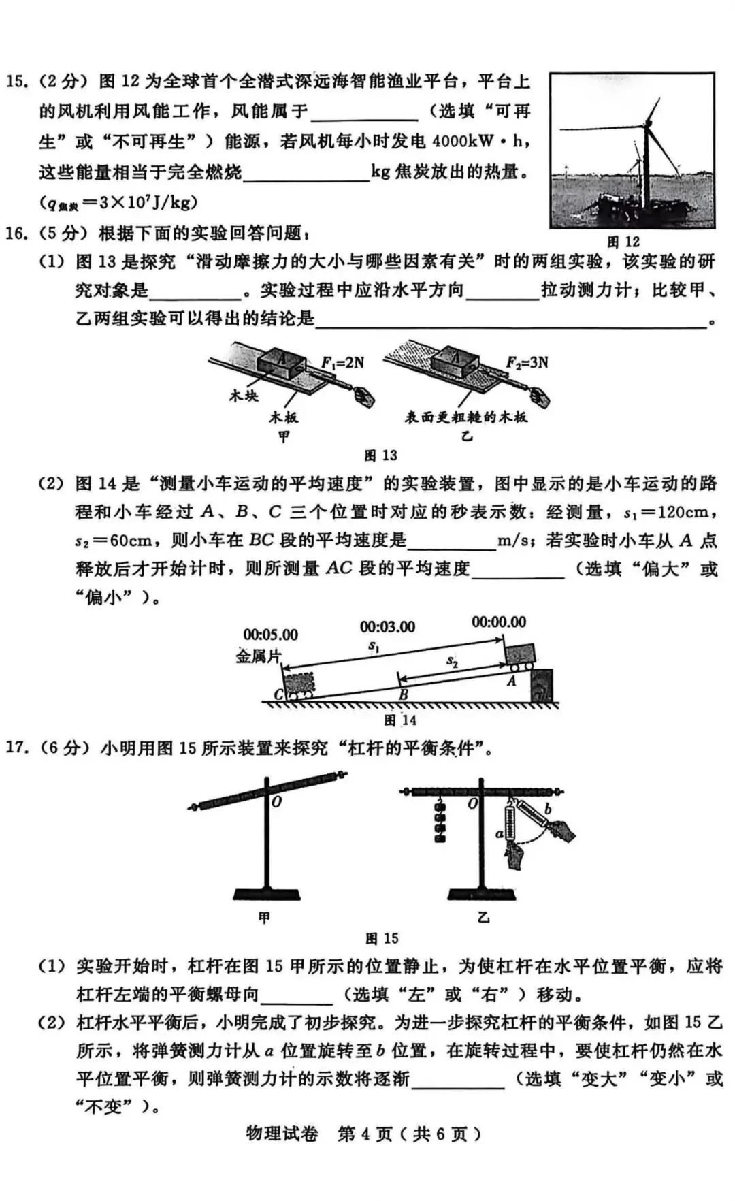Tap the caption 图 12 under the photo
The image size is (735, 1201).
pos(623,242)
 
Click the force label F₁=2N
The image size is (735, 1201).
pos(342,363)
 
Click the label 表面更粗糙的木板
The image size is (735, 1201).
pos(466,417)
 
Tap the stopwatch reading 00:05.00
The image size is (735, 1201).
pos(270,635)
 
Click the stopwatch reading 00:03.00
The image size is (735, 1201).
pos(387,626)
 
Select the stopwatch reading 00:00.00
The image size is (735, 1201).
pos(499,622)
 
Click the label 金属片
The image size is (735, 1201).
pos(258,657)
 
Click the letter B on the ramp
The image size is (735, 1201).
pos(403,695)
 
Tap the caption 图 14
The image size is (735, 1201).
pos(400,720)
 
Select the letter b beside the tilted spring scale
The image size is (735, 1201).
pos(548,810)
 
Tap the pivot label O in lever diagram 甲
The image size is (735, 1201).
pos(276,803)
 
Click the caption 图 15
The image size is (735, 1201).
pos(382,938)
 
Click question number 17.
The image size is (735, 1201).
pos(16,748)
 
